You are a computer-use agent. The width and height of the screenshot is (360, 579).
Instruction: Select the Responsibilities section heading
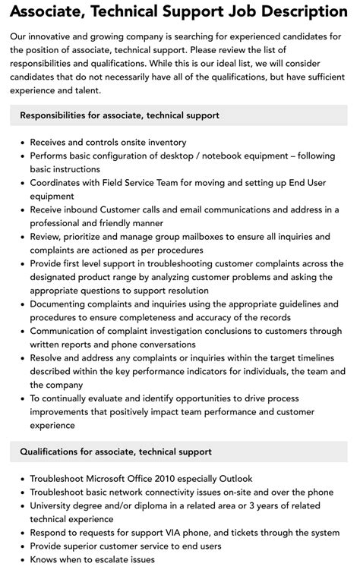(119, 115)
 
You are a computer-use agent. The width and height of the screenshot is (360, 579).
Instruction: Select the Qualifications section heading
(115, 452)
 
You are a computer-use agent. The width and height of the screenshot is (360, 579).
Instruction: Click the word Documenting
(63, 304)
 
